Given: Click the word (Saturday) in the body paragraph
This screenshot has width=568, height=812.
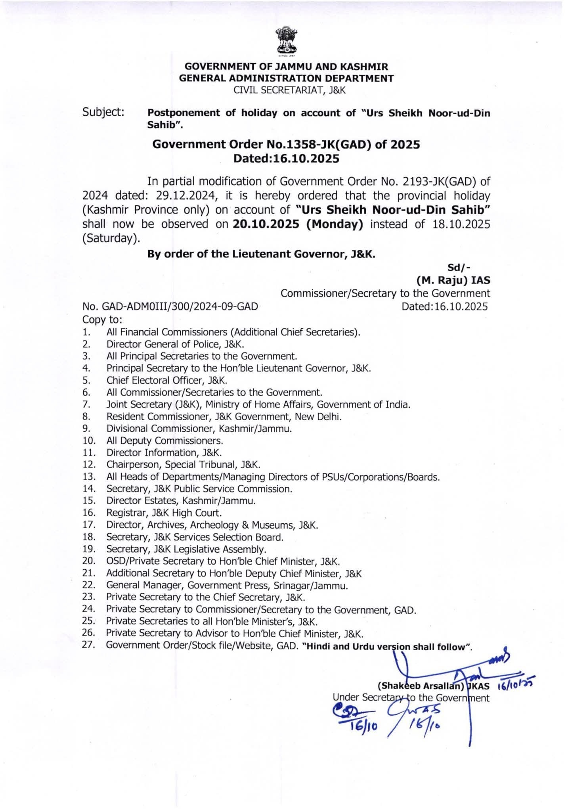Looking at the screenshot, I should (x=111, y=239).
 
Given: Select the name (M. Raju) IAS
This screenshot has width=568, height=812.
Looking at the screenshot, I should (x=453, y=280).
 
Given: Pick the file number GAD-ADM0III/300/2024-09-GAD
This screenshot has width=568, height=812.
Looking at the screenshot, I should (x=170, y=306).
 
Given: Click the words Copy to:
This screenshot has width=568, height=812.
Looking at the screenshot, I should (x=102, y=319).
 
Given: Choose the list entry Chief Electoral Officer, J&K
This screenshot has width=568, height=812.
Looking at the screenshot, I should (x=167, y=380).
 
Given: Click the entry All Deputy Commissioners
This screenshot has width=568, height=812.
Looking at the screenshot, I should (x=164, y=440).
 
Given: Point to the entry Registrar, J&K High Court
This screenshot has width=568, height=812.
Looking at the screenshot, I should (x=164, y=513).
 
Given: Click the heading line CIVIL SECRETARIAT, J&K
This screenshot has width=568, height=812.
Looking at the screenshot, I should (x=289, y=90).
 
